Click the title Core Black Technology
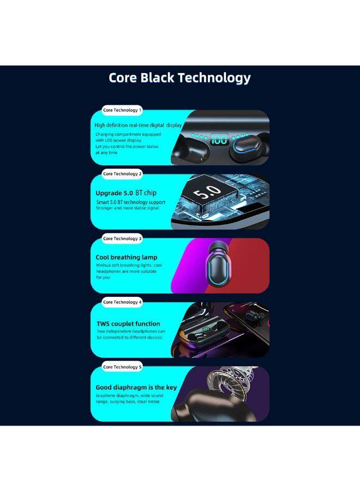point(179,78)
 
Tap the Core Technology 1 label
point(122,110)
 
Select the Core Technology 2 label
point(122,174)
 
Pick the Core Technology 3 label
point(122,238)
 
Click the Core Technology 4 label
point(122,302)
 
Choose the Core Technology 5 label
point(122,367)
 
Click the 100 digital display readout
point(219,139)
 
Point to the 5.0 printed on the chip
point(207,191)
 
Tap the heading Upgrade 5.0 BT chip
point(126,193)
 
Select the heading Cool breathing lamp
point(127,258)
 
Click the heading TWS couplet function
point(128,324)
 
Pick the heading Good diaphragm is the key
point(136,388)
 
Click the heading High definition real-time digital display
point(138,125)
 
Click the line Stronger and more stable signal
point(128,208)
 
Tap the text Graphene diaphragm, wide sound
point(129,396)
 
